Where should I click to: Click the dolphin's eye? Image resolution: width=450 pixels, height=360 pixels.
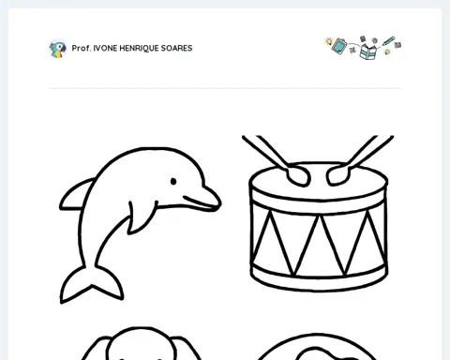point(173,181)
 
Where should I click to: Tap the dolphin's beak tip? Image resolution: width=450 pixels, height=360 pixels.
point(220,203)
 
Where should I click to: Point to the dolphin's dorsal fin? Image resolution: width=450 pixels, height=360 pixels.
point(77,194)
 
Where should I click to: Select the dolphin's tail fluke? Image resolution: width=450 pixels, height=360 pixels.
point(91,284)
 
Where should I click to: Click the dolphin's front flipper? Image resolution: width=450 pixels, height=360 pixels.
point(142,217)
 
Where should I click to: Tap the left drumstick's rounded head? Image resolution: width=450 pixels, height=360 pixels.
point(297,175)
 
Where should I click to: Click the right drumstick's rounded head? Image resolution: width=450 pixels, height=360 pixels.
point(337,175)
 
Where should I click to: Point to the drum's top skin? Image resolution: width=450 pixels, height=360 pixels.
point(319,181)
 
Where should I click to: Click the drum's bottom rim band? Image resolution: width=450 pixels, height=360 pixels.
point(319,280)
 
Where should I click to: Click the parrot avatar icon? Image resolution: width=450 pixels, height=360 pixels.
point(58,49)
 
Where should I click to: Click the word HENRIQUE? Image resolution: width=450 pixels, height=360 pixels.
point(139,49)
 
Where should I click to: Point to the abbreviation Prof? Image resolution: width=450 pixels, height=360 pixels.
point(82,48)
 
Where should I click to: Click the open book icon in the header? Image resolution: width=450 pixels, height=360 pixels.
point(368,52)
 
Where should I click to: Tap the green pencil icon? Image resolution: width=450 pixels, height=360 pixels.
point(388,41)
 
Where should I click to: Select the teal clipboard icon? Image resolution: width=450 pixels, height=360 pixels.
point(339,46)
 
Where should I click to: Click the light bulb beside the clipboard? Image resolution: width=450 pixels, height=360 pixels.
point(328,41)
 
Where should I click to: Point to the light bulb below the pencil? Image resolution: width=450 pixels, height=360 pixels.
point(387,52)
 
